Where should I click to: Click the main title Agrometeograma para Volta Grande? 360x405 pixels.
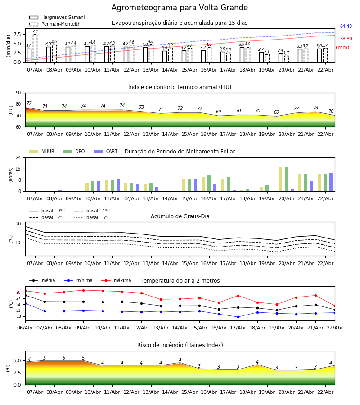coord(180,8)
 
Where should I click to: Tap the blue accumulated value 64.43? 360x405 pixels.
coord(346,27)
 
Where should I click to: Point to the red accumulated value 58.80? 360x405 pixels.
coord(346,39)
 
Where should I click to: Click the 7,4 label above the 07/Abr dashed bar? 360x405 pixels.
coord(35,31)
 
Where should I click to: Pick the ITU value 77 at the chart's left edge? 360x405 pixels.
coord(29,103)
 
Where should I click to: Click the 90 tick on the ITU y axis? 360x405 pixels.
coord(18,93)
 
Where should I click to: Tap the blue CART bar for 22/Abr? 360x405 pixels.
coord(331,182)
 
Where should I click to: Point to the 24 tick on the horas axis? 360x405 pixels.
coord(18,158)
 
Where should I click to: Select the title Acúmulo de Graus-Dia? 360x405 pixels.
coord(180,216)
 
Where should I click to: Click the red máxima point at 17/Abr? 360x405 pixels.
coord(238,296)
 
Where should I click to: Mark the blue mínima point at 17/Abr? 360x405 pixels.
coord(238,317)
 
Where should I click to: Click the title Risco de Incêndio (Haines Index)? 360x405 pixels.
coord(180,345)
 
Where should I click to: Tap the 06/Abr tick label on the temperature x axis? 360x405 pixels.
coord(25,327)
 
